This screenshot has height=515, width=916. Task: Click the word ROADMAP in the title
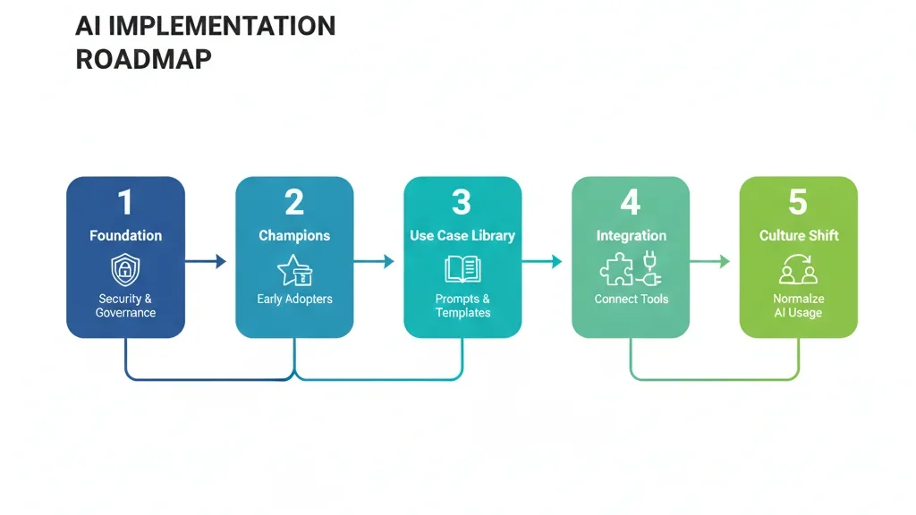144,60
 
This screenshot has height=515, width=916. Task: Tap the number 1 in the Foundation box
125,203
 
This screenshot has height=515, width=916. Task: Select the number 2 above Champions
294,203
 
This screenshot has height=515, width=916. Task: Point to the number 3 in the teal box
462,203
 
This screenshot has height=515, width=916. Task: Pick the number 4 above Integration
631,203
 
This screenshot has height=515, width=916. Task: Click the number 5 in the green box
798,203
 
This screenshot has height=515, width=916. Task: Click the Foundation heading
125,236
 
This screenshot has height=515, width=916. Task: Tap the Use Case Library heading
462,236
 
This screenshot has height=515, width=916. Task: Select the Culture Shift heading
798,236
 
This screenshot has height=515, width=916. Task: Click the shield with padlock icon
125,269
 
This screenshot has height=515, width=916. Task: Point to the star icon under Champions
291,269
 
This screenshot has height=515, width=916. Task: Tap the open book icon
462,269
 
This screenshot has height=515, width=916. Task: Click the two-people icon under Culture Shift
798,269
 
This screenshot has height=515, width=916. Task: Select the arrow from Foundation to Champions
205,262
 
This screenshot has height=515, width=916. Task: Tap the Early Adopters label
294,299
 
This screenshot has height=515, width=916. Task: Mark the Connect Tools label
631,299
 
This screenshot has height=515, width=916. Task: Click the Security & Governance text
125,306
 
